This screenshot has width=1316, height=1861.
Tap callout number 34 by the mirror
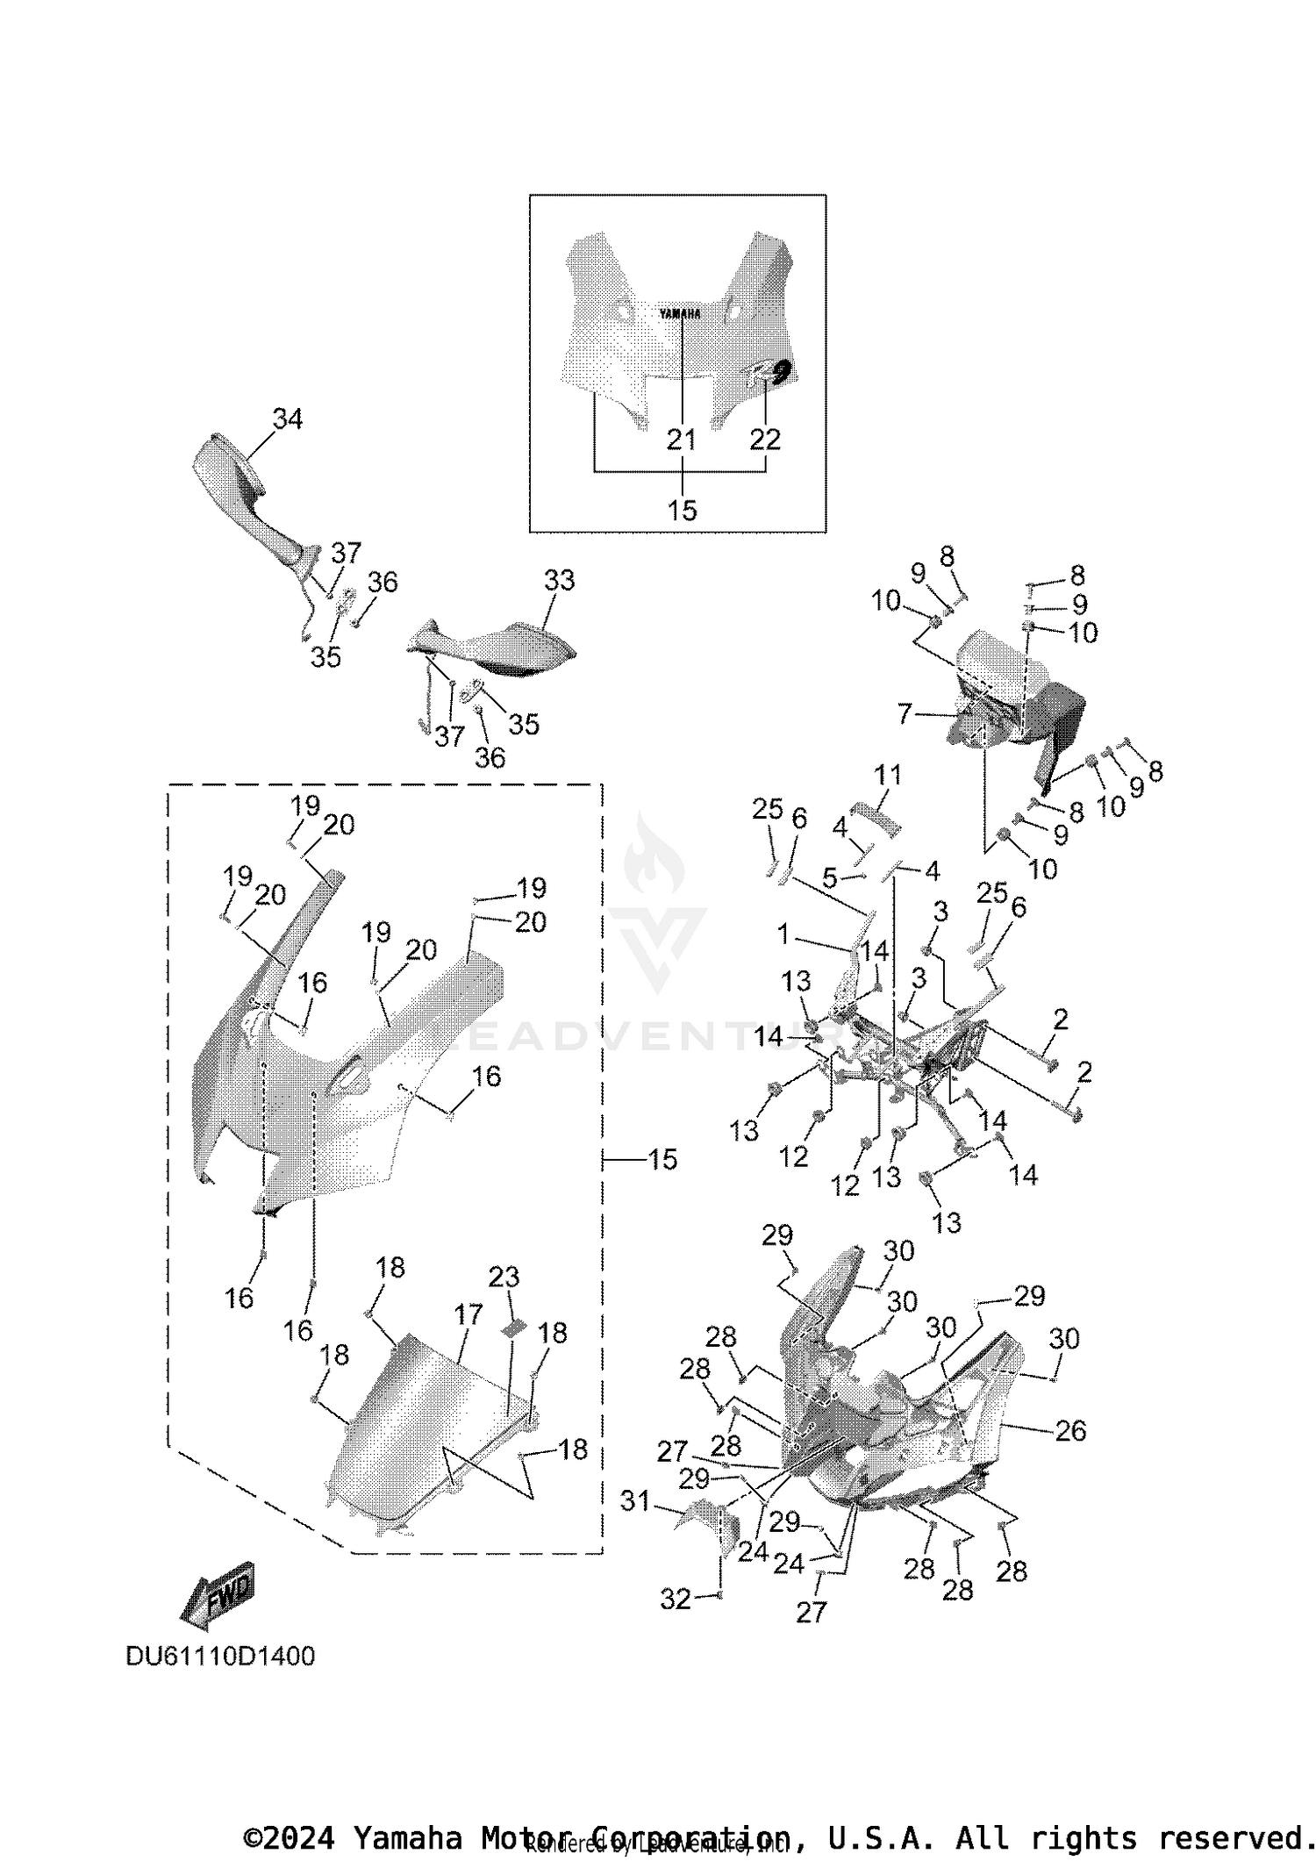click(287, 419)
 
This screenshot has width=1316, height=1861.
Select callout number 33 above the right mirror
click(559, 580)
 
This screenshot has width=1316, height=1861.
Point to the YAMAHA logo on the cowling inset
click(680, 313)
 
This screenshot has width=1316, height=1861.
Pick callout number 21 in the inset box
click(682, 440)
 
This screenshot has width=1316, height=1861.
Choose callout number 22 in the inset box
click(765, 440)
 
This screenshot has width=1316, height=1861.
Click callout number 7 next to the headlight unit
click(905, 713)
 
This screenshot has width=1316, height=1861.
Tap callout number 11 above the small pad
click(887, 775)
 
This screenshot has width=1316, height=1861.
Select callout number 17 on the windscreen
click(468, 1314)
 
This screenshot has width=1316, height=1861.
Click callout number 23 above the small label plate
click(504, 1277)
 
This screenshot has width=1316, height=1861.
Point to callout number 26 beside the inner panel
click(1070, 1431)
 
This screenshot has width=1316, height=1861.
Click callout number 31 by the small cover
click(635, 1501)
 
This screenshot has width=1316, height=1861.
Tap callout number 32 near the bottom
click(675, 1600)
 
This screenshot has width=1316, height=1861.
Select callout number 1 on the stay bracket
click(783, 934)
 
